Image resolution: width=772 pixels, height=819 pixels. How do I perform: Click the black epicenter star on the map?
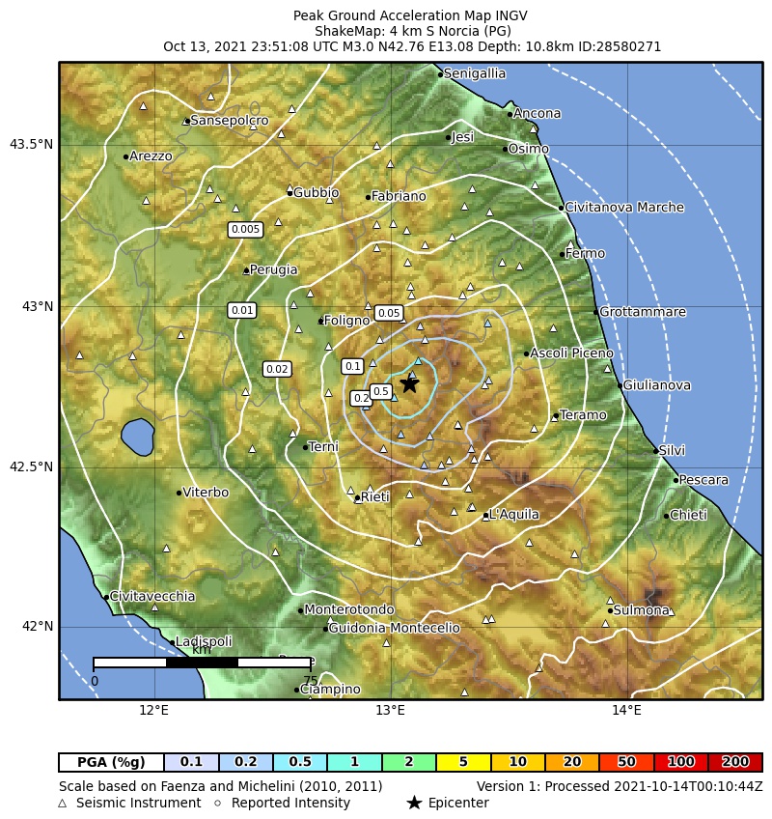409,384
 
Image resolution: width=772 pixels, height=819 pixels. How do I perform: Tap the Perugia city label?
274,270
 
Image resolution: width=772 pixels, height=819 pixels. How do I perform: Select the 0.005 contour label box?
245,229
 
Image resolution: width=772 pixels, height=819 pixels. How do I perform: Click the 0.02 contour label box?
277,369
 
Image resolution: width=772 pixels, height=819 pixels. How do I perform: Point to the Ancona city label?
537,114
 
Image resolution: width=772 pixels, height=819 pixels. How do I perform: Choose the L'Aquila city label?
513,515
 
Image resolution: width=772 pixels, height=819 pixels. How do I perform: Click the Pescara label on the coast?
703,480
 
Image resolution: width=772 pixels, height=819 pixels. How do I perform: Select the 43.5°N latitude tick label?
31,145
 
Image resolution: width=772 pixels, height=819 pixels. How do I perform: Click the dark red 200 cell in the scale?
735,762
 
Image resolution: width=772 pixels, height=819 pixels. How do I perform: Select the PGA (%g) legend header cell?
111,762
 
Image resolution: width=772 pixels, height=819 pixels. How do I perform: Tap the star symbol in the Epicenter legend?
414,803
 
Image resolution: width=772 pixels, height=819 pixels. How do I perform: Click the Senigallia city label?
475,73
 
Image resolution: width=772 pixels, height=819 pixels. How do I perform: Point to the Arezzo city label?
151,156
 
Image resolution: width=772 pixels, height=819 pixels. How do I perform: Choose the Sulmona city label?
642,610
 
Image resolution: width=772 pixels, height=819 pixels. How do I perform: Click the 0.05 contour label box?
389,313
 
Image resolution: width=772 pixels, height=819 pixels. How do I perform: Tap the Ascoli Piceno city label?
572,353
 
